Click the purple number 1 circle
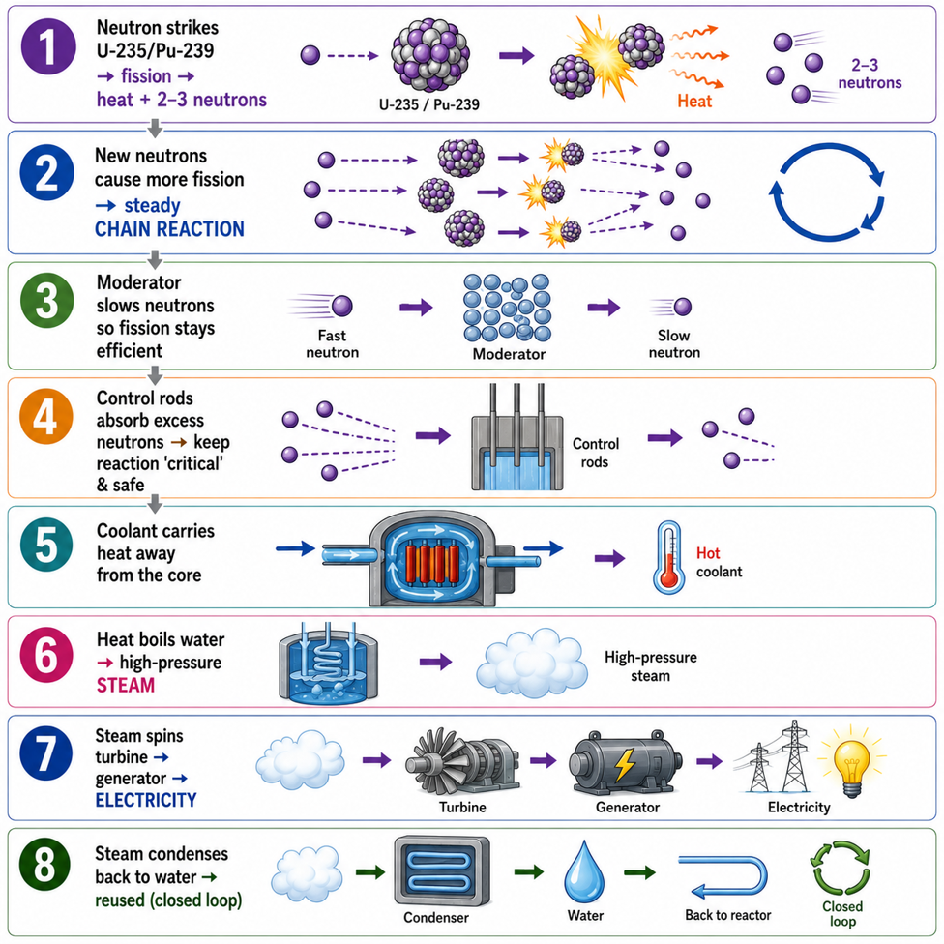pyautogui.click(x=48, y=46)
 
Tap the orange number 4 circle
pyautogui.click(x=46, y=417)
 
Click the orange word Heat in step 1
pyautogui.click(x=694, y=102)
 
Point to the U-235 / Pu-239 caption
pyautogui.click(x=428, y=104)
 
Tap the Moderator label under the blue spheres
pyautogui.click(x=509, y=354)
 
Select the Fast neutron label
pyautogui.click(x=332, y=343)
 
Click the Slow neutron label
pyautogui.click(x=674, y=343)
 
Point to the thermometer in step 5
pyautogui.click(x=669, y=557)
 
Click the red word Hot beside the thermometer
pyautogui.click(x=707, y=552)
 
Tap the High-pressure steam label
pyautogui.click(x=650, y=665)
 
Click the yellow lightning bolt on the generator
pyautogui.click(x=624, y=764)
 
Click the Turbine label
pyautogui.click(x=462, y=807)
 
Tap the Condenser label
pyautogui.click(x=436, y=917)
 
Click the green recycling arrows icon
pyautogui.click(x=841, y=868)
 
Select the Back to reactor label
pyautogui.click(x=728, y=915)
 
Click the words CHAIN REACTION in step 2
pyautogui.click(x=169, y=229)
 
